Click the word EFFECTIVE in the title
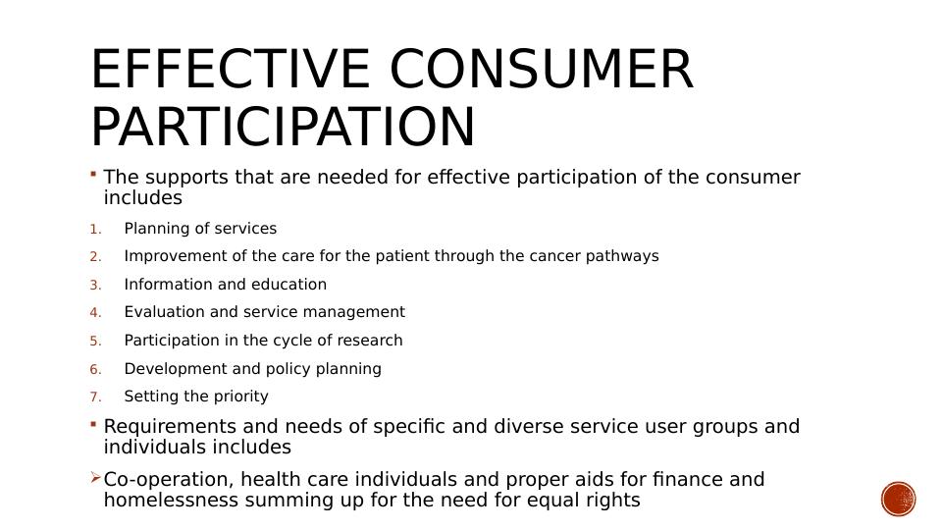(231, 69)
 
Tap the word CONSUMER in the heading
(542, 69)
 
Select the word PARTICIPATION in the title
(283, 127)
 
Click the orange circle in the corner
(899, 499)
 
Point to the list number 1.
(95, 230)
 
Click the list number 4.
(95, 313)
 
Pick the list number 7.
(95, 397)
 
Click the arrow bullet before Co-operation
(95, 478)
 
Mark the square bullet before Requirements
(93, 424)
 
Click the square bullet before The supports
(93, 175)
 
